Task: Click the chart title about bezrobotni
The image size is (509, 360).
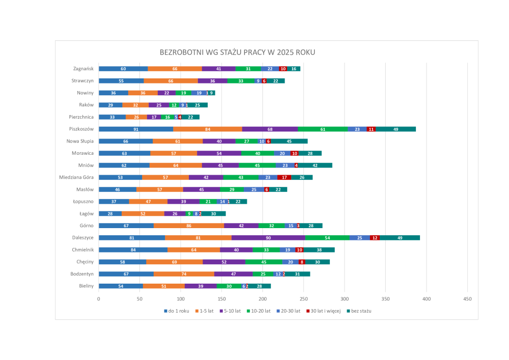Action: click(237, 52)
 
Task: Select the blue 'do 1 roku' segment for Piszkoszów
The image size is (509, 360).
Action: click(136, 129)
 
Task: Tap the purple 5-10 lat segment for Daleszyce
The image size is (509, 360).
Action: click(268, 238)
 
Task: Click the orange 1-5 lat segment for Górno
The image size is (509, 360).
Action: click(189, 226)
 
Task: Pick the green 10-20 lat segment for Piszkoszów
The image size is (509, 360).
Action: click(323, 129)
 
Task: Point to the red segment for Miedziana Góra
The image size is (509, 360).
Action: click(284, 177)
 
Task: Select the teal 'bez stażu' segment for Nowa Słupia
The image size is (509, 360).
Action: click(289, 141)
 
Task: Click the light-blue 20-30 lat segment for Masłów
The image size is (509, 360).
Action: click(254, 189)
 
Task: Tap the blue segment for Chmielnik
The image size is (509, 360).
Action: click(133, 250)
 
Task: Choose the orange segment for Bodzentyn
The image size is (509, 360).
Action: click(184, 274)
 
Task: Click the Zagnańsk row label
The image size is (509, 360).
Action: click(83, 69)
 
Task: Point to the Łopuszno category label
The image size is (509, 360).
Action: click(83, 202)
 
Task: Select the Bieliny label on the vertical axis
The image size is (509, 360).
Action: click(86, 286)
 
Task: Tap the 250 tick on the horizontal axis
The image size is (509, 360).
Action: click(304, 299)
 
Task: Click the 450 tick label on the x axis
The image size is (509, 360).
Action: click(468, 299)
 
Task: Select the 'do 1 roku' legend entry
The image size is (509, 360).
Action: click(179, 311)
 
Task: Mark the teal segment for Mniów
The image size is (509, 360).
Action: click(315, 165)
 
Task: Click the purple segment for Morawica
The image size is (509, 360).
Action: click(219, 153)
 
